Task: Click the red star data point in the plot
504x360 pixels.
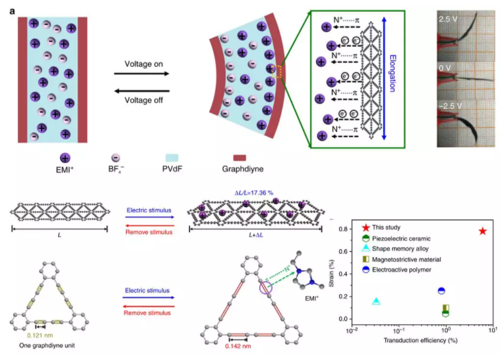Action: (483, 231)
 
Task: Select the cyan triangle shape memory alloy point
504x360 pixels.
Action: (377, 301)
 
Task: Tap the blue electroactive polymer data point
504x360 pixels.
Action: (442, 291)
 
